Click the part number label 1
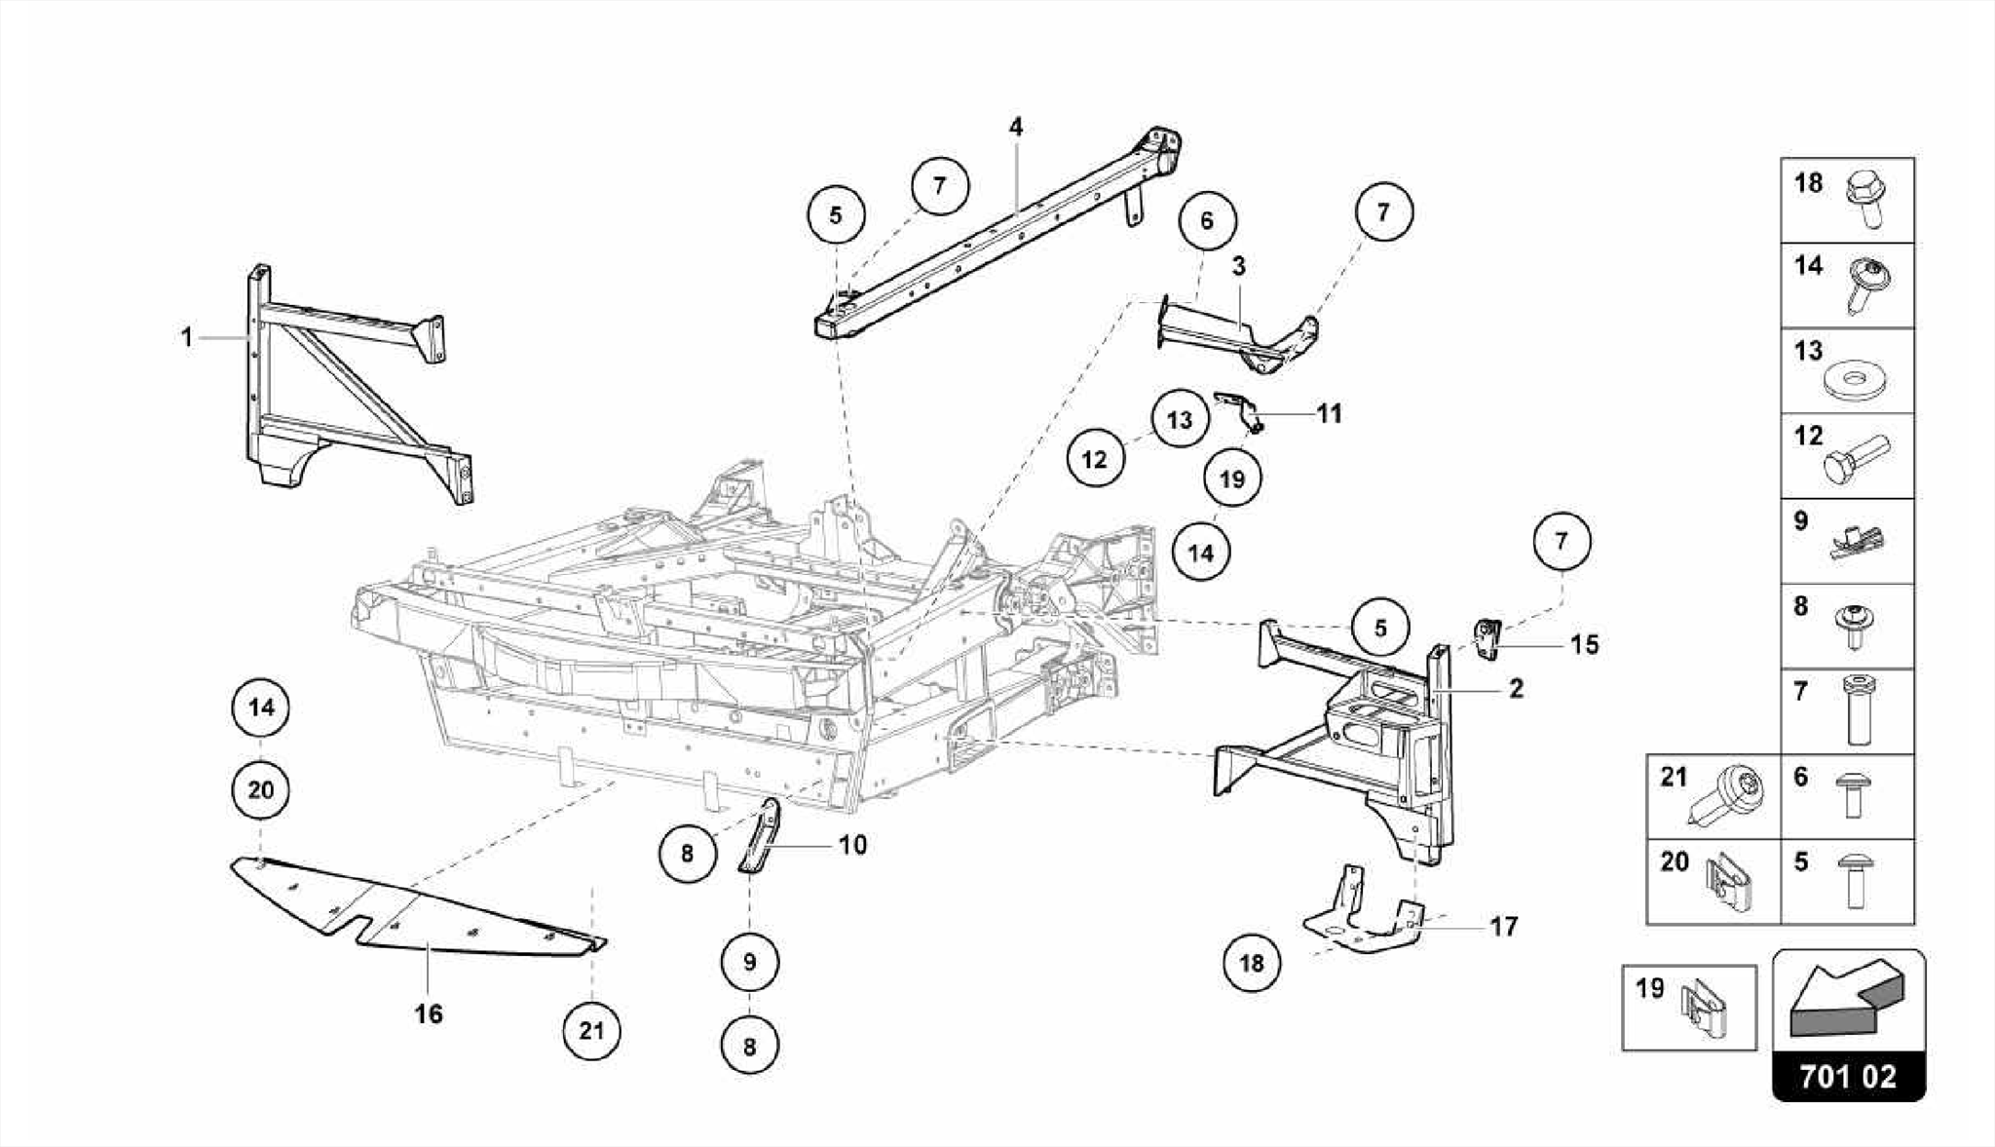(x=186, y=337)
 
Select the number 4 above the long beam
(x=1016, y=127)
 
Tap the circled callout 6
(x=1207, y=220)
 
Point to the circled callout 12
(x=1095, y=458)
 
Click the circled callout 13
(x=1180, y=420)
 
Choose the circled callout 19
(x=1232, y=478)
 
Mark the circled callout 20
(x=261, y=789)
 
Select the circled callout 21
(x=592, y=1030)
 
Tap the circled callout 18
(x=1252, y=963)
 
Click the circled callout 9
(x=749, y=962)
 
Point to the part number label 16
(x=429, y=1013)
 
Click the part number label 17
(x=1504, y=926)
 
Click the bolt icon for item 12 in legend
(x=1855, y=458)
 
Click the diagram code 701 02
(x=1848, y=1076)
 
